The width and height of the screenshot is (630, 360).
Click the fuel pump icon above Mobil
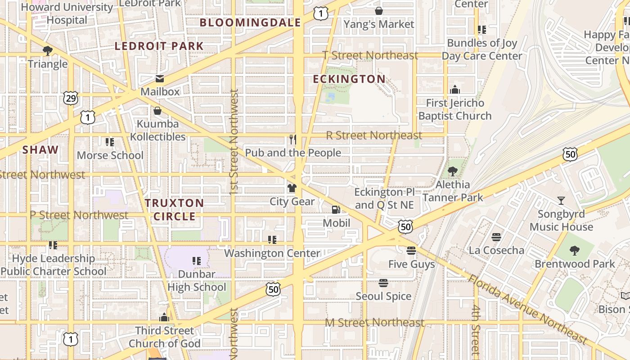coord(336,209)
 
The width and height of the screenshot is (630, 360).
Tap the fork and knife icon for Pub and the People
coord(293,139)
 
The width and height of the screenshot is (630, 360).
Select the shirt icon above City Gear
coord(292,188)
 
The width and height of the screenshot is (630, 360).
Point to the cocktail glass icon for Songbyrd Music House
coord(561,200)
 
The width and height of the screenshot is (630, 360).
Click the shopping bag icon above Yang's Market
coord(379,11)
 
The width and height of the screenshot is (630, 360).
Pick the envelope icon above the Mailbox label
coord(160,79)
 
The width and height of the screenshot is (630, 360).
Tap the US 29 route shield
coord(71,98)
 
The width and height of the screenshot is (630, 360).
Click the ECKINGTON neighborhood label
coord(349,79)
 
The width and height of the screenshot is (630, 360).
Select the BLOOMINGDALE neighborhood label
coord(250,22)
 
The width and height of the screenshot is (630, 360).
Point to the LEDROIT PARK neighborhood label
coord(159,46)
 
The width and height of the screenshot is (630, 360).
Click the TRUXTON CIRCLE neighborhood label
coord(175,210)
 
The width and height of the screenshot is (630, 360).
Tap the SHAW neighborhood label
coord(40,150)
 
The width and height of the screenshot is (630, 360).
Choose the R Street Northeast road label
coord(374,135)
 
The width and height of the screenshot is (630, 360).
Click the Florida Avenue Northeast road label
coord(527,308)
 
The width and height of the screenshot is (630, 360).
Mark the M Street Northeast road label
coord(375,323)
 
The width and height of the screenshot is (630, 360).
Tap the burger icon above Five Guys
coord(411,251)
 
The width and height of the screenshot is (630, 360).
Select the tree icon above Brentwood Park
coord(574,251)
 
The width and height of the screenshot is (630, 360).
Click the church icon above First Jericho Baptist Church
coord(455,90)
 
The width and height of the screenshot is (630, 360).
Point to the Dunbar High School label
coord(197,280)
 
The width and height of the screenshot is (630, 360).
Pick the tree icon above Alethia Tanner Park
coord(453,171)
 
